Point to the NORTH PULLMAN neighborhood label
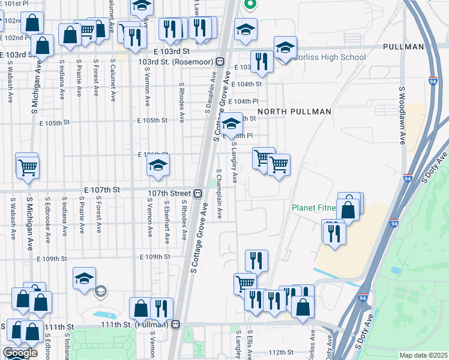pyautogui.click(x=294, y=112)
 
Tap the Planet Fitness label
pyautogui.click(x=312, y=208)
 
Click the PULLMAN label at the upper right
pyautogui.click(x=403, y=47)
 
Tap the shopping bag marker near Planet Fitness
pyautogui.click(x=348, y=209)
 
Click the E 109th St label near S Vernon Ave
pyautogui.click(x=155, y=257)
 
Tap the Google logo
pyautogui.click(x=20, y=353)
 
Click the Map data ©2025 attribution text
pyautogui.click(x=423, y=355)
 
